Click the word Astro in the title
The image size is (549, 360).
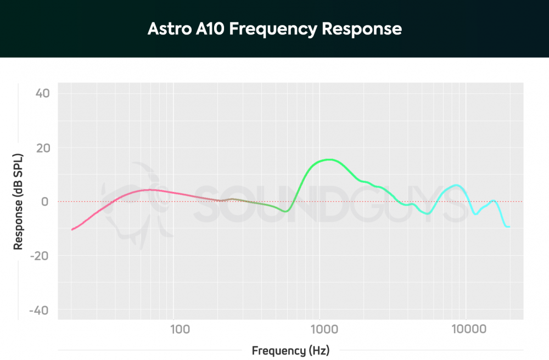tap(166, 29)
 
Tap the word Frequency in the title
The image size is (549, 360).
tap(272, 29)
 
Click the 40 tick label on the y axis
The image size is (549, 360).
tap(43, 93)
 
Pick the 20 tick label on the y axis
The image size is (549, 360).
tap(43, 148)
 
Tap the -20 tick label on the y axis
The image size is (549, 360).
tap(41, 256)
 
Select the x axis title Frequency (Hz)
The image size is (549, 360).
tap(290, 350)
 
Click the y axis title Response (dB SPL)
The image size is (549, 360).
tap(19, 202)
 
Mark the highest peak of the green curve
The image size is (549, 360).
tap(328, 160)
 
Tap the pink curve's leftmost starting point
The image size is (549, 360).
tap(72, 229)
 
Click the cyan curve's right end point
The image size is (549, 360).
tap(509, 227)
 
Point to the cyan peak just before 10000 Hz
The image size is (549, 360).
tap(456, 185)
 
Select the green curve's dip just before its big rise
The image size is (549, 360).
tap(285, 211)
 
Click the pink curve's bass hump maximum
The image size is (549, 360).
tap(149, 190)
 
